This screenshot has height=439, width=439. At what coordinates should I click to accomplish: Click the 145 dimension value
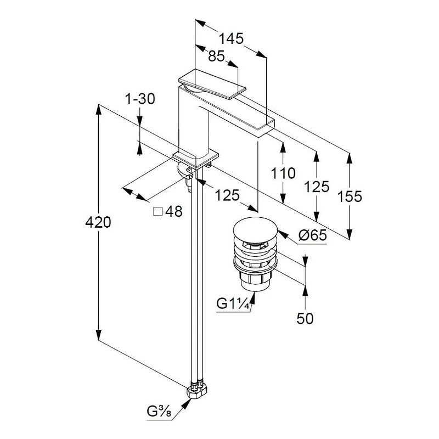click(231, 38)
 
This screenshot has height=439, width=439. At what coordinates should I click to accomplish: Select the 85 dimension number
click(216, 56)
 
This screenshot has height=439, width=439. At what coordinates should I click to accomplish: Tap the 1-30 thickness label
click(140, 99)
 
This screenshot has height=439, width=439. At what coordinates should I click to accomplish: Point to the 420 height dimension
click(98, 222)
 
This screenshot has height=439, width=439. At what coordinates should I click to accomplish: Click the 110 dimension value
click(283, 173)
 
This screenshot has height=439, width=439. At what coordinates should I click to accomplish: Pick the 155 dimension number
click(350, 196)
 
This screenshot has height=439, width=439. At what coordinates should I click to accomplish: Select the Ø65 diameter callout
click(312, 235)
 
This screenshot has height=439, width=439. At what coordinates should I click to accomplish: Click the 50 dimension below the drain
click(305, 318)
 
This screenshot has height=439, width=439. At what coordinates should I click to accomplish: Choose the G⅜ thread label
click(159, 411)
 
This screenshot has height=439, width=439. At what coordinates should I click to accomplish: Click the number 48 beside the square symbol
click(174, 211)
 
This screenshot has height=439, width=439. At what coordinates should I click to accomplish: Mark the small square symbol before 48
click(158, 212)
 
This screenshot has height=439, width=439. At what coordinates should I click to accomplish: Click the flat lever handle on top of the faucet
click(212, 83)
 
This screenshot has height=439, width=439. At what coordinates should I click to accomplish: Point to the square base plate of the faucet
click(195, 159)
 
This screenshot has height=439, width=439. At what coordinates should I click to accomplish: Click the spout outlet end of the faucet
click(266, 126)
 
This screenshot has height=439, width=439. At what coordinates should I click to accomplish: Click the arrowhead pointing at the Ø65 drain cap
click(282, 235)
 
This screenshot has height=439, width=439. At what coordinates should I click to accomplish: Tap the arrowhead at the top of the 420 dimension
click(98, 109)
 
